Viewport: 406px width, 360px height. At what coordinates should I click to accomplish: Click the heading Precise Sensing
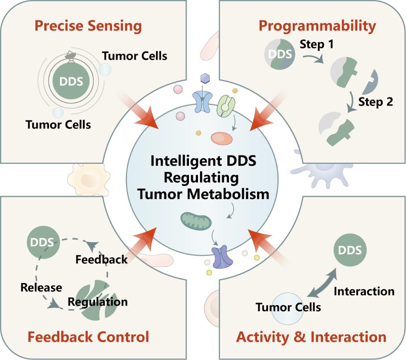[88, 26]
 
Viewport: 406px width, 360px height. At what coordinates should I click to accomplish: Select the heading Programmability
[317, 26]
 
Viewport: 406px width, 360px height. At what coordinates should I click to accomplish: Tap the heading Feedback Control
[88, 337]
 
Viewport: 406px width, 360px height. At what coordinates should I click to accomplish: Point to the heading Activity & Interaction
[311, 337]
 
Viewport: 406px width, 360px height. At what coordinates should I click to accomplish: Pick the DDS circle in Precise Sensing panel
[71, 80]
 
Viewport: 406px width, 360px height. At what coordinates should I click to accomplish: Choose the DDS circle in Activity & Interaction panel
[349, 249]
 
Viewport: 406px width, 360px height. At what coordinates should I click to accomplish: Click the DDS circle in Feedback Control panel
[41, 243]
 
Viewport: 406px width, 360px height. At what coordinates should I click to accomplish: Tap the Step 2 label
[376, 102]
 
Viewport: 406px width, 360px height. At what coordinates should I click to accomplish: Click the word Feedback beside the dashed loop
[101, 259]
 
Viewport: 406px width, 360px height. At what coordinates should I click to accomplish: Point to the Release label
[41, 287]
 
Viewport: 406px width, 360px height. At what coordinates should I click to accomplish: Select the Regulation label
[98, 302]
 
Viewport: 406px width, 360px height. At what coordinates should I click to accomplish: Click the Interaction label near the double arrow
[364, 291]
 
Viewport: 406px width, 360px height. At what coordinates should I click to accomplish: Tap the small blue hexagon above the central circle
[205, 79]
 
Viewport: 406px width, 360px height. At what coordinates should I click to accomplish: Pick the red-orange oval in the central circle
[222, 139]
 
